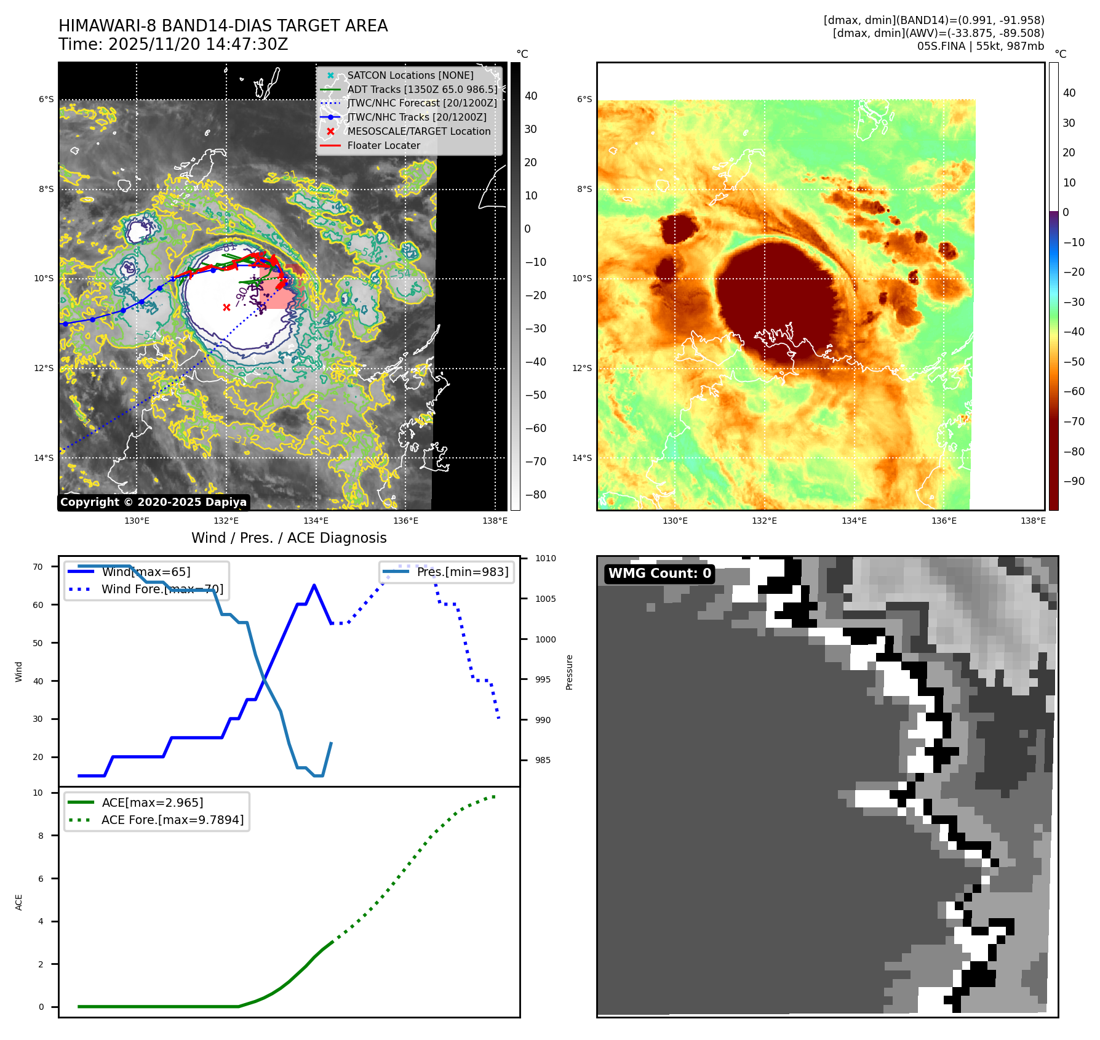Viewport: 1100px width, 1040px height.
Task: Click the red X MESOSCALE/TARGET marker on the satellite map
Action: (x=226, y=307)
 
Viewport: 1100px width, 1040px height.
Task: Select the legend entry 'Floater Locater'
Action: (x=383, y=146)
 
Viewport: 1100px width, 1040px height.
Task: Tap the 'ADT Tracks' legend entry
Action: (x=421, y=89)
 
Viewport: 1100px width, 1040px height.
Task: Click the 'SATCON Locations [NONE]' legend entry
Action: (x=410, y=75)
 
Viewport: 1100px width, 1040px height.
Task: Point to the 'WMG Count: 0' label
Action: (x=660, y=574)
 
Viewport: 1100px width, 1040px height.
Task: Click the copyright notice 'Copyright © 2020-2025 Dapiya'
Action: (x=153, y=502)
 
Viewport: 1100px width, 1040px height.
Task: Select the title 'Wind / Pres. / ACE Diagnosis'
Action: (x=289, y=538)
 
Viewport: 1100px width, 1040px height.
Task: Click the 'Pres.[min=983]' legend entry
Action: (x=462, y=572)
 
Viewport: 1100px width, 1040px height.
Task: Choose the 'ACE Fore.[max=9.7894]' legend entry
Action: (x=172, y=820)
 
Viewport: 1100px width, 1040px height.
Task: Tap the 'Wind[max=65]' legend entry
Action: (x=146, y=572)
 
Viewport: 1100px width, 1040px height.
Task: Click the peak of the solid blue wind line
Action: (x=314, y=585)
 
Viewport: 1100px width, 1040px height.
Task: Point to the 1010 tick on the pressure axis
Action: (x=544, y=559)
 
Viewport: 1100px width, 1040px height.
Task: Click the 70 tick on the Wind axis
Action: (x=38, y=567)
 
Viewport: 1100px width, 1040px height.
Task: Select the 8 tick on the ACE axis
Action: (x=41, y=836)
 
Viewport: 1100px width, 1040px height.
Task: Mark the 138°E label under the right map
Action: (x=1033, y=521)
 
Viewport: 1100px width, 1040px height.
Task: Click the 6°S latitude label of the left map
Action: (x=46, y=99)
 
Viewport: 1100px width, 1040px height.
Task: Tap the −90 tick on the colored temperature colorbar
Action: (x=1074, y=481)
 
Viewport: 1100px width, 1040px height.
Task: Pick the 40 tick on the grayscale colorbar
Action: (x=530, y=96)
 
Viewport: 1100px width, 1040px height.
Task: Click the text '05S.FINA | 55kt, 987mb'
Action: (x=980, y=46)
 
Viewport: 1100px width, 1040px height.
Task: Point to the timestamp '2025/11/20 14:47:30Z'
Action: (x=198, y=44)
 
